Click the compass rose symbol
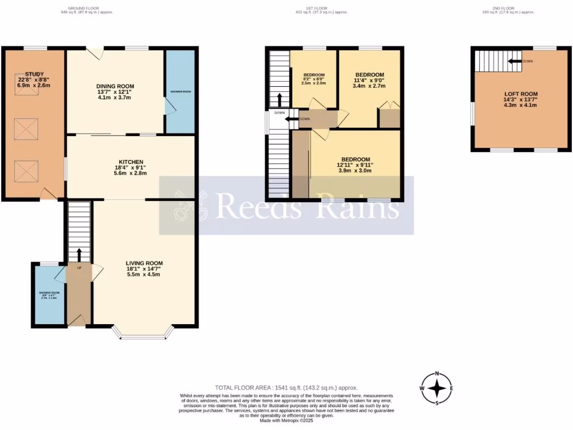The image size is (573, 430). click(437, 388)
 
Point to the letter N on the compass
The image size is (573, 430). click(437, 374)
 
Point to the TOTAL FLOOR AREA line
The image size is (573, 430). click(286, 387)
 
